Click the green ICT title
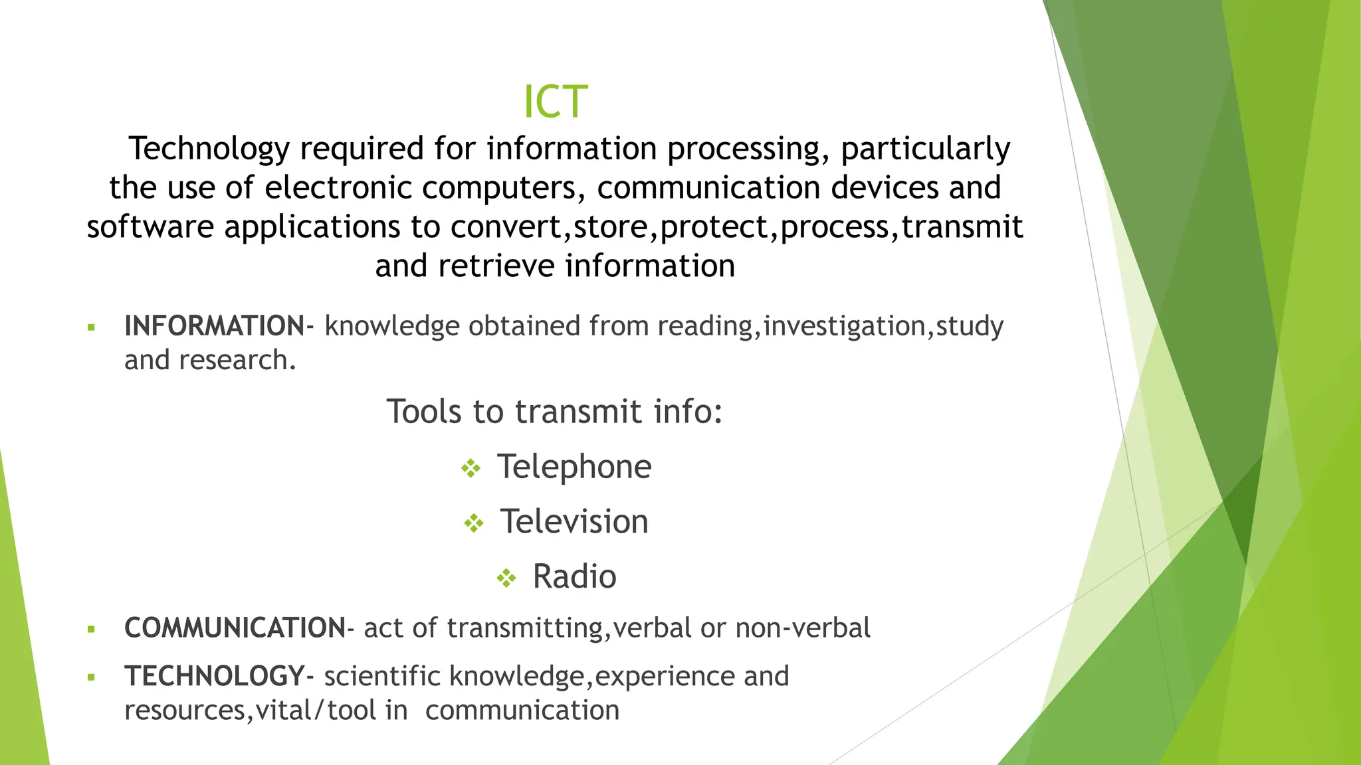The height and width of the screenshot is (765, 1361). (556, 102)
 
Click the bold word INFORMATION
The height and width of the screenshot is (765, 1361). (214, 327)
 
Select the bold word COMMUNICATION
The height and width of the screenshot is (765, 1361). (235, 628)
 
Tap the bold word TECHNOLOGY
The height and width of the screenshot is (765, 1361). (215, 677)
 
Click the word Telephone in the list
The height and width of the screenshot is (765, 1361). (574, 467)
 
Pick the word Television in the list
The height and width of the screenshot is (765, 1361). (574, 522)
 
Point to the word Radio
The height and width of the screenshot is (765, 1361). (574, 577)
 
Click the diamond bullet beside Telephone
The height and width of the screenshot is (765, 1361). (471, 469)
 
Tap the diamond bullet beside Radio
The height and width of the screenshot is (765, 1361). (506, 578)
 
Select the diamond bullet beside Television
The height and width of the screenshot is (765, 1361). (474, 524)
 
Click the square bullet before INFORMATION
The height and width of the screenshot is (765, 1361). (92, 327)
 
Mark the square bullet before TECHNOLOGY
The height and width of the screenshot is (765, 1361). (92, 678)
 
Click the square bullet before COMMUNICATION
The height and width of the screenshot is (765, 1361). (92, 630)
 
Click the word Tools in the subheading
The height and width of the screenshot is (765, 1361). (424, 412)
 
